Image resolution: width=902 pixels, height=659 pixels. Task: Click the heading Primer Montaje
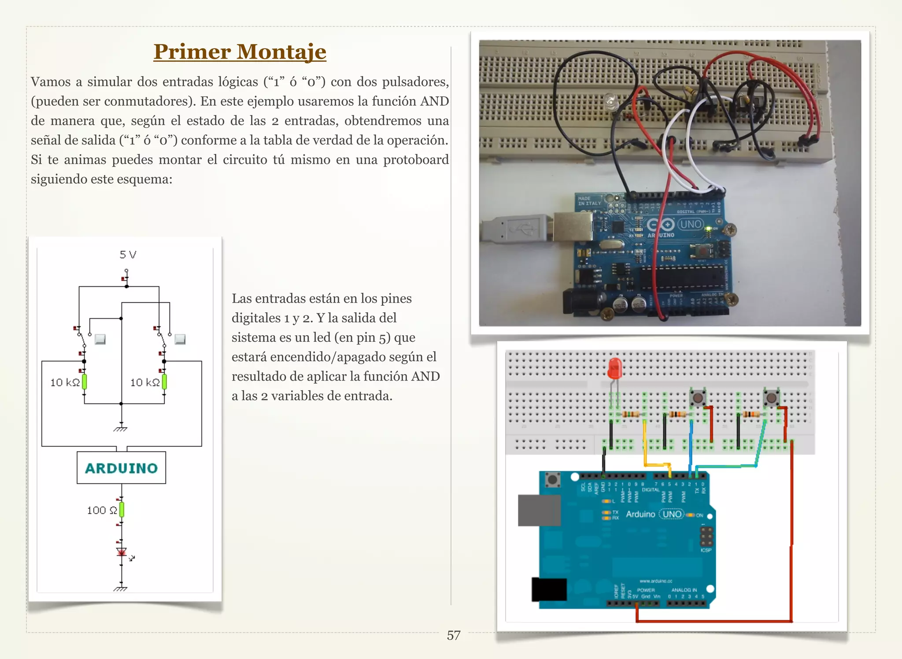tap(240, 52)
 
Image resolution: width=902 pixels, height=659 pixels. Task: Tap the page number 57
tap(453, 635)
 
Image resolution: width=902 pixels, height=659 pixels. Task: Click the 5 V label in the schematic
tap(128, 255)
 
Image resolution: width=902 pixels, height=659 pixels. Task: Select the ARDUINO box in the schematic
tap(121, 468)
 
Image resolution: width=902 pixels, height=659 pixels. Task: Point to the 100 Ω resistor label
tap(102, 511)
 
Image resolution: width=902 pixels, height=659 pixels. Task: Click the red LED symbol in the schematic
tap(122, 552)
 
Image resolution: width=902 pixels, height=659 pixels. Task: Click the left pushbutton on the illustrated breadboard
tap(698, 398)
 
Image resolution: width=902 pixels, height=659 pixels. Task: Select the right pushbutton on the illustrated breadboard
tap(771, 398)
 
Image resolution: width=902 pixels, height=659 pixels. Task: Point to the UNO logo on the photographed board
tap(690, 224)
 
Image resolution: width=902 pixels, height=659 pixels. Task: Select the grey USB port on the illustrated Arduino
tap(539, 510)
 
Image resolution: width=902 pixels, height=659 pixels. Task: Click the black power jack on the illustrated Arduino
tap(549, 589)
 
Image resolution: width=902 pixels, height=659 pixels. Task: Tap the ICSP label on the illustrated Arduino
tap(706, 550)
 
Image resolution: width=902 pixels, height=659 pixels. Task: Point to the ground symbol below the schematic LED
tap(121, 588)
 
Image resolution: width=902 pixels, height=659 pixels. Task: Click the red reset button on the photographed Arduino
tap(702, 251)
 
